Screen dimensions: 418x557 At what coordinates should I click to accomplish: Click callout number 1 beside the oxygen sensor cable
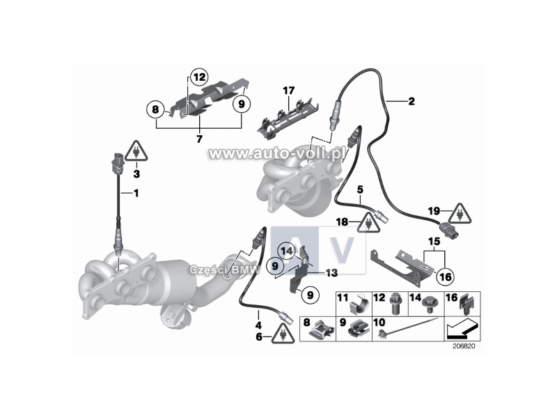pos(136,193)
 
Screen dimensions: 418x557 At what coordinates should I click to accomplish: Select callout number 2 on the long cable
pos(411,102)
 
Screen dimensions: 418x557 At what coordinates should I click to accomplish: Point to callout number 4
pos(258,324)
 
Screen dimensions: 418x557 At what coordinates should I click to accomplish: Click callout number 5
pos(361,189)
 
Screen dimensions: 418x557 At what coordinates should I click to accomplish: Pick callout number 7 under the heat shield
pos(199,139)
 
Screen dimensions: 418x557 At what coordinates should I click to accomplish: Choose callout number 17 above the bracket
pos(289,91)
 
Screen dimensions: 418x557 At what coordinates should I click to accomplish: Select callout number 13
pos(331,272)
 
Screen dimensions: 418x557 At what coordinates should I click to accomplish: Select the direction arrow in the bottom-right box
pos(461,327)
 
